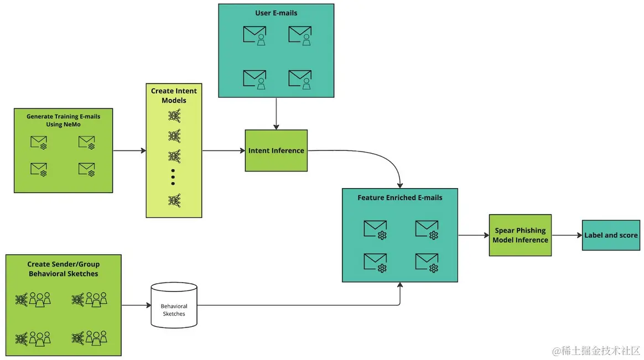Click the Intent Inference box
(x=276, y=150)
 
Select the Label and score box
(x=611, y=235)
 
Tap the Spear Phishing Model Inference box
(x=520, y=235)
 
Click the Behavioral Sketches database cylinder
(x=174, y=306)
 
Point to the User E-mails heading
(x=276, y=12)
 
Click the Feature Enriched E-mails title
(x=399, y=197)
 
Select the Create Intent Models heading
(x=174, y=96)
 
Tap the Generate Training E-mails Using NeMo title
(x=63, y=120)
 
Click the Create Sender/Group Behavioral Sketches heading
(x=63, y=269)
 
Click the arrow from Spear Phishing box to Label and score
(x=567, y=235)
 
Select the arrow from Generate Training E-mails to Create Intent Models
(x=129, y=150)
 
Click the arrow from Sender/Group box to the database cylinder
(x=136, y=305)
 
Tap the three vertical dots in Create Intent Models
(x=173, y=176)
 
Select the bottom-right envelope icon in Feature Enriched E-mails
(x=427, y=262)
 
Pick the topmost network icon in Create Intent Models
(x=174, y=116)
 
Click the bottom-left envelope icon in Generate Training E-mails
(x=39, y=169)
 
